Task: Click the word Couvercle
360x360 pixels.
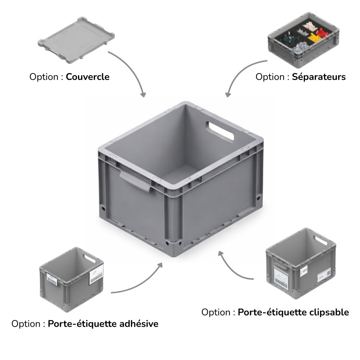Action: click(87, 77)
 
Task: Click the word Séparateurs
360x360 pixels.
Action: click(319, 77)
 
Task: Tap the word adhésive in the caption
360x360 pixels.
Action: click(139, 324)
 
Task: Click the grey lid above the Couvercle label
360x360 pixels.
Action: click(76, 40)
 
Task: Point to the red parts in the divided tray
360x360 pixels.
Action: click(323, 33)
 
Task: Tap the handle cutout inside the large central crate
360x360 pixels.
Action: click(220, 131)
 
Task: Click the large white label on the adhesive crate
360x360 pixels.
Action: click(96, 274)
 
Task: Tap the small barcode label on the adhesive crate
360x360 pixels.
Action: click(52, 279)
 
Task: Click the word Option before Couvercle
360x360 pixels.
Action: click(44, 77)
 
